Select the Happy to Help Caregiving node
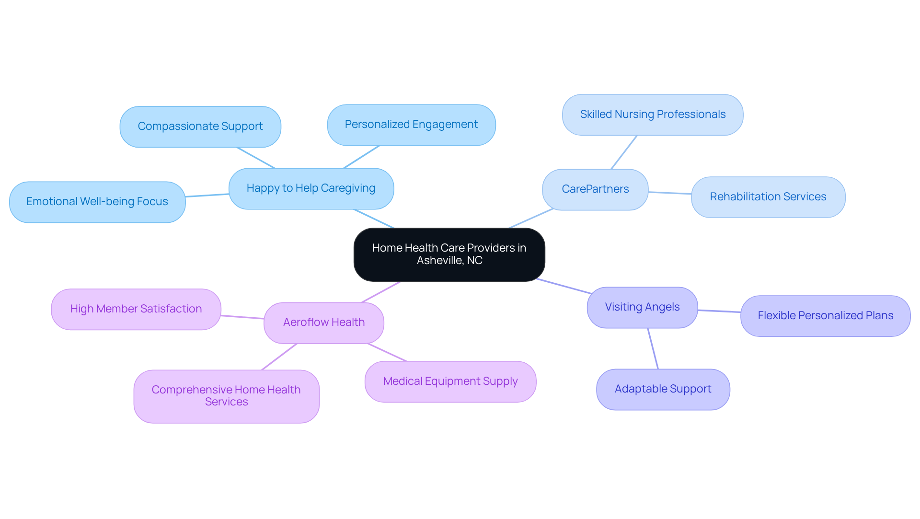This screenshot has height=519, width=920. click(311, 188)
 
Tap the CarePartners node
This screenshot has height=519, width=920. click(595, 189)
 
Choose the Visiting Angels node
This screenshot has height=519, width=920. click(642, 307)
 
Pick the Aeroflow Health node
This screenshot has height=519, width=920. click(323, 323)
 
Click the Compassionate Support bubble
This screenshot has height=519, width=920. click(200, 127)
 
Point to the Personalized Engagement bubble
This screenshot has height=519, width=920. click(411, 125)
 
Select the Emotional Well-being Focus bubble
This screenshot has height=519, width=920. click(97, 202)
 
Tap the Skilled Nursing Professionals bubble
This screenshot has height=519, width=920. click(653, 115)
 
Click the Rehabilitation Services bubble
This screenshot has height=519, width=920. click(768, 197)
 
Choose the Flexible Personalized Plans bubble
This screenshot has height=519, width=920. click(825, 316)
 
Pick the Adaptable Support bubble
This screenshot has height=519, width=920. click(663, 389)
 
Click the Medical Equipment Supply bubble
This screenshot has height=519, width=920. click(450, 381)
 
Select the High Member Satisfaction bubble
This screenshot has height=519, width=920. click(136, 309)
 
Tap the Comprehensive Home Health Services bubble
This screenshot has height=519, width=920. click(226, 396)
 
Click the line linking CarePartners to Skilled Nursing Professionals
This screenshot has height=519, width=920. click(624, 152)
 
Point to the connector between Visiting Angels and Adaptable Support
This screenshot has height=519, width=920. click(653, 348)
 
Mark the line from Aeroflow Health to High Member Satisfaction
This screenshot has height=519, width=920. click(242, 317)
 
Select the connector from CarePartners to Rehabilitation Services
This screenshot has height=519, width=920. click(670, 193)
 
